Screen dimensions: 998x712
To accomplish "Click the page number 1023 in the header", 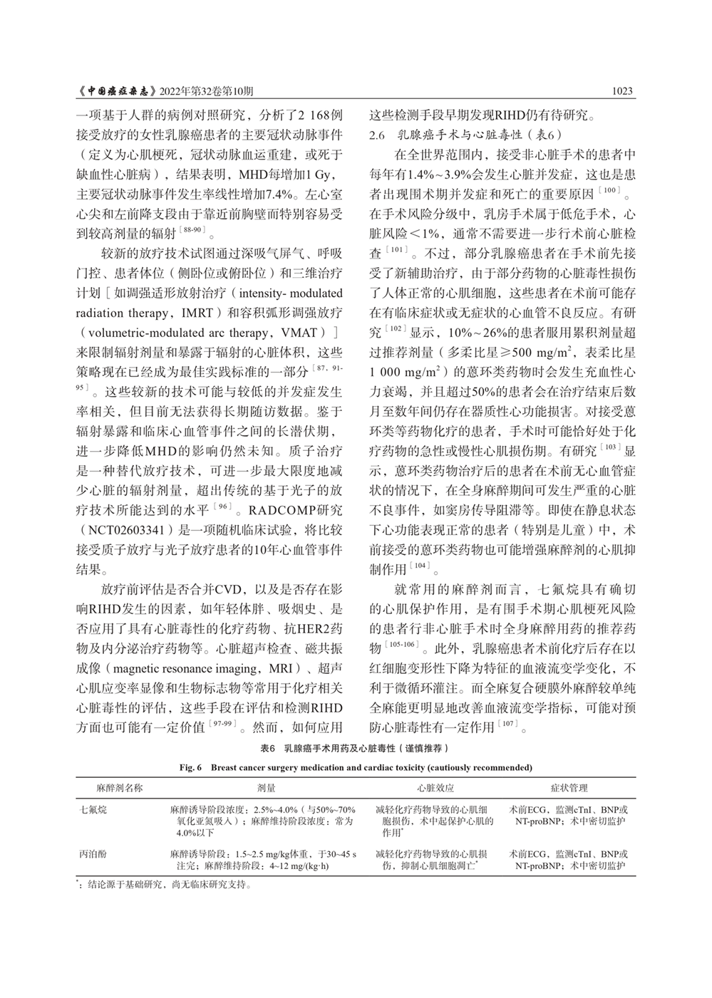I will pos(622,92).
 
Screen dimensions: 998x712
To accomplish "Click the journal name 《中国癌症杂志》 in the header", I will pos(115,92).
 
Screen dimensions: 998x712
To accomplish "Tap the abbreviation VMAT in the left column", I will pos(299,333).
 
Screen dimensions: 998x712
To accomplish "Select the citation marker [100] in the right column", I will pos(611,189).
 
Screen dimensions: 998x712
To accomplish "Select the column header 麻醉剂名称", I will pos(120,788).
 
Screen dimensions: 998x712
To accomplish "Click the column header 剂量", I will pos(267,788).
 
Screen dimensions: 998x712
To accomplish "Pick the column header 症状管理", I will pos(569,788).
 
